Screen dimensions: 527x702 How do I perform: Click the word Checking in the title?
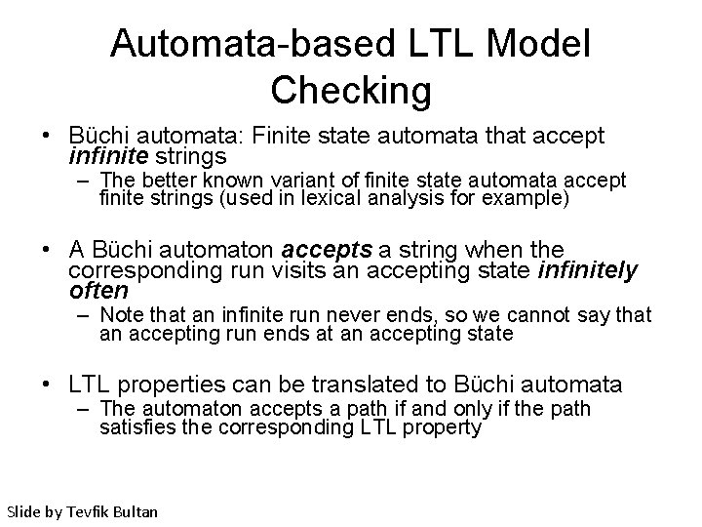click(x=351, y=90)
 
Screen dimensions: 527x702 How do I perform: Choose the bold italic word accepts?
click(x=326, y=249)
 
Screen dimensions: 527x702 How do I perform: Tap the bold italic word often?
click(x=98, y=290)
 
